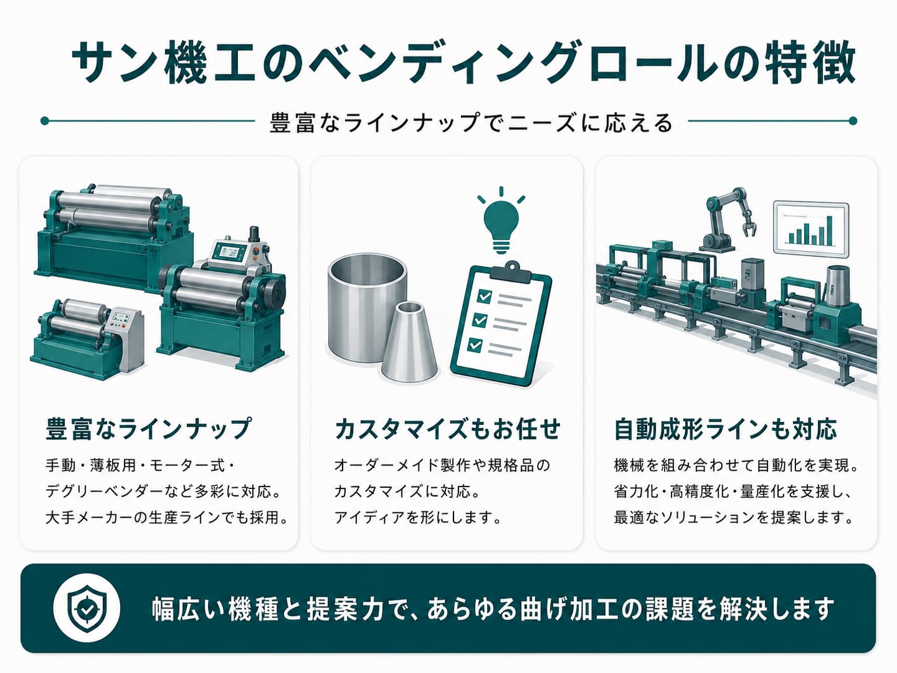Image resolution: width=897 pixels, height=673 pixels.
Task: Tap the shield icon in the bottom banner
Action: point(86,609)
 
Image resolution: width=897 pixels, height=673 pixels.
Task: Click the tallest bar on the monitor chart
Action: point(829,231)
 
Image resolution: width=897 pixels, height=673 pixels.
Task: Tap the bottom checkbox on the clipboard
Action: point(475,345)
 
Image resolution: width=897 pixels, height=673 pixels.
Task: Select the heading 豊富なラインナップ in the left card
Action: point(148,429)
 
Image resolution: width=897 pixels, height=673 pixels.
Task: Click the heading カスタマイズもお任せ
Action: point(447,429)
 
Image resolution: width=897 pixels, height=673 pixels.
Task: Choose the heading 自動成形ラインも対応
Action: point(725,429)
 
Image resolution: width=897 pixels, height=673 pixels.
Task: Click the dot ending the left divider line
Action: point(45,121)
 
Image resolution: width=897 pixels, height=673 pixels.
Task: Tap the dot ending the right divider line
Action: point(852,121)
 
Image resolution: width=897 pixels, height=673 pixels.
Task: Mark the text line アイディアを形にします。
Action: point(418,517)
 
